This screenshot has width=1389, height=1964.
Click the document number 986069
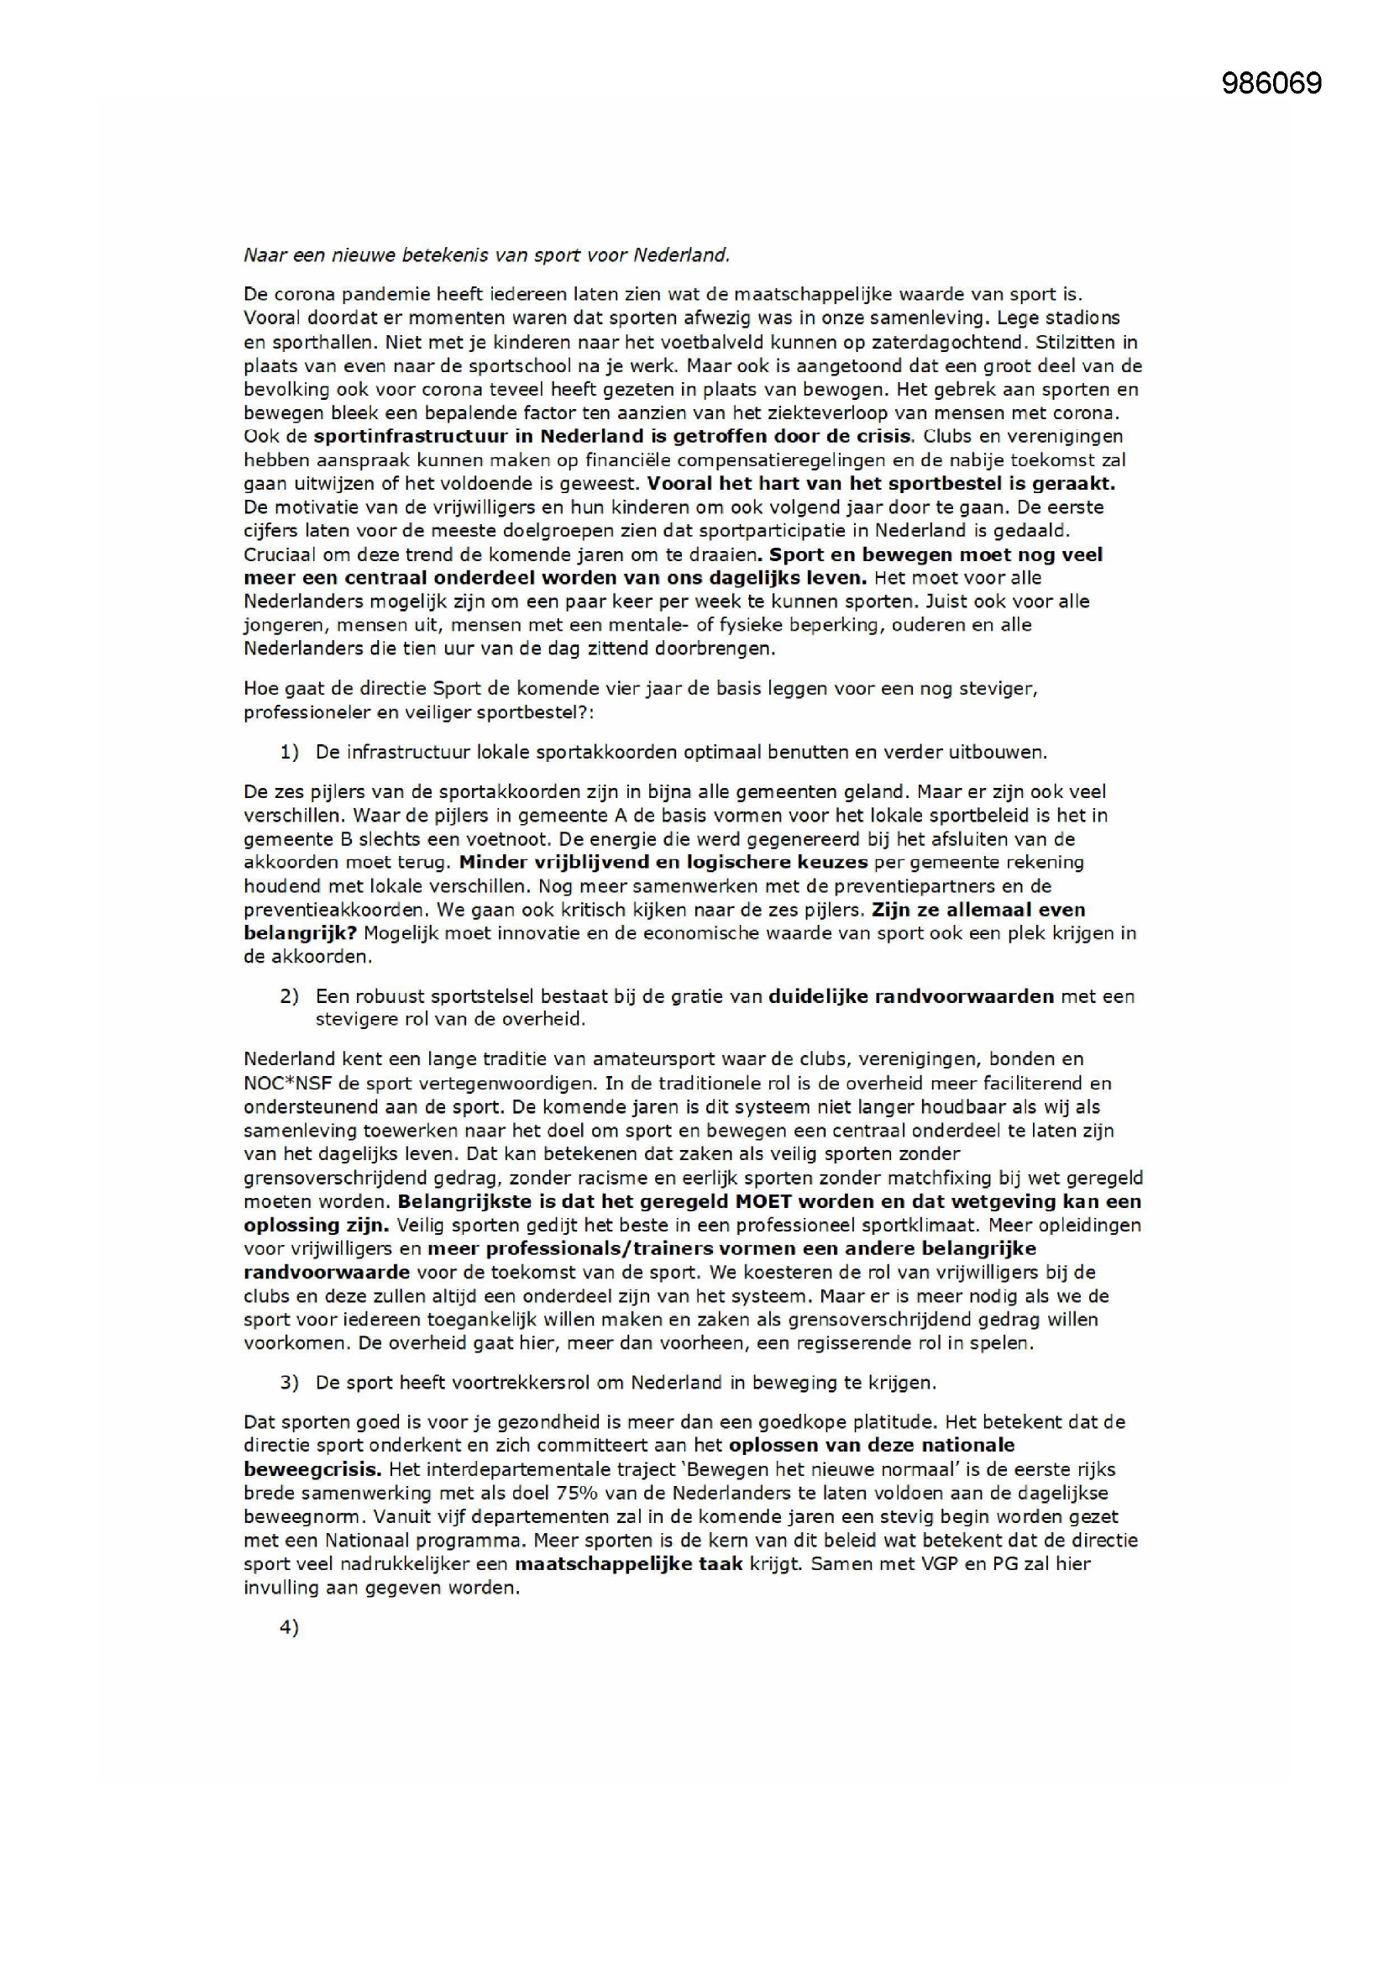[x=1271, y=83]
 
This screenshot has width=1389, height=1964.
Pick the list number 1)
[x=289, y=753]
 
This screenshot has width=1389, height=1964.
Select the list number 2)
[x=289, y=996]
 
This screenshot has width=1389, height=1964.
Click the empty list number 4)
[x=289, y=1627]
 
